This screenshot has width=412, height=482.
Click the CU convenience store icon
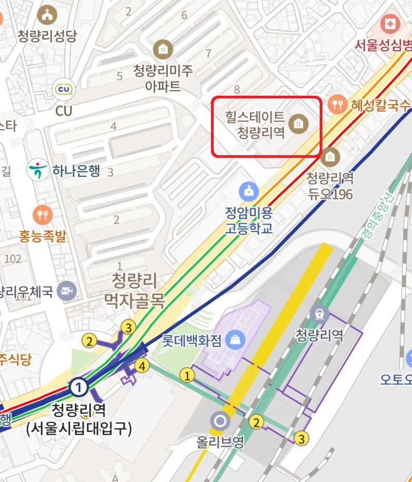(64, 89)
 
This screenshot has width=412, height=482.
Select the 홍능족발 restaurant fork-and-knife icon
(42, 214)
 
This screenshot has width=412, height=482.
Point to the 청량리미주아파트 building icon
(163, 49)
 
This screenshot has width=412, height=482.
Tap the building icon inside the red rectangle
(297, 123)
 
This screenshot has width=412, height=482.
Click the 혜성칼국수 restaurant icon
(338, 105)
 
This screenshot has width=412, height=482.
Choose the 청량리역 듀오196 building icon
(330, 156)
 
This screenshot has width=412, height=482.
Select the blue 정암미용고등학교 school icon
(248, 192)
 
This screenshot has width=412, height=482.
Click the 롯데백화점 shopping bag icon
(235, 339)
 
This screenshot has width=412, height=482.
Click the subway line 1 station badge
(78, 386)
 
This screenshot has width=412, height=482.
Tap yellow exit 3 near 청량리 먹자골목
(128, 327)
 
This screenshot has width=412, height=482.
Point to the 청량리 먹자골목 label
(134, 290)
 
